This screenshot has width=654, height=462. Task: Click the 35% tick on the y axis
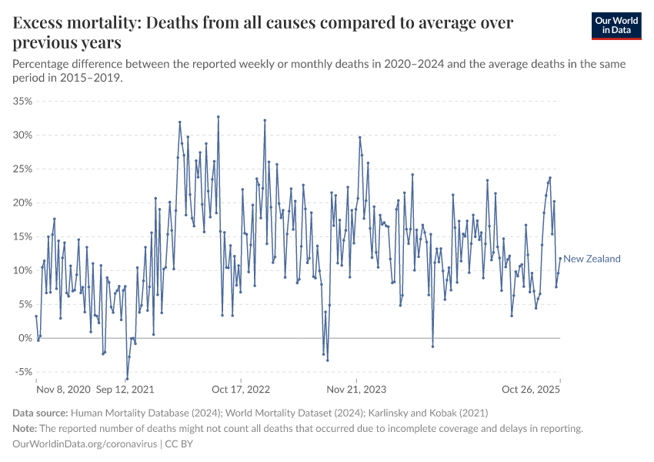[22, 101]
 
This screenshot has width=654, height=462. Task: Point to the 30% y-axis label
[22, 135]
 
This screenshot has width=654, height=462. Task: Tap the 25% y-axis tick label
[22, 169]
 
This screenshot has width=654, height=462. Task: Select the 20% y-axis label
[22, 203]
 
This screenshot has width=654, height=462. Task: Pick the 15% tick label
[22, 236]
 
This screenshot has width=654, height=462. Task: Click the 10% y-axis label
[22, 270]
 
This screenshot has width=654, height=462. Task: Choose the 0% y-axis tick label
[25, 338]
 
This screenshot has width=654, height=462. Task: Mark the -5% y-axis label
[23, 372]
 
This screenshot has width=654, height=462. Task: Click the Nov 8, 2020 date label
[64, 390]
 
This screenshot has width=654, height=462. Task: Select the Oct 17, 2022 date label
[242, 390]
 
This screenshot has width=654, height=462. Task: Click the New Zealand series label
[592, 259]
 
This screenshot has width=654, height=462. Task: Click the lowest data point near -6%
[127, 378]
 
